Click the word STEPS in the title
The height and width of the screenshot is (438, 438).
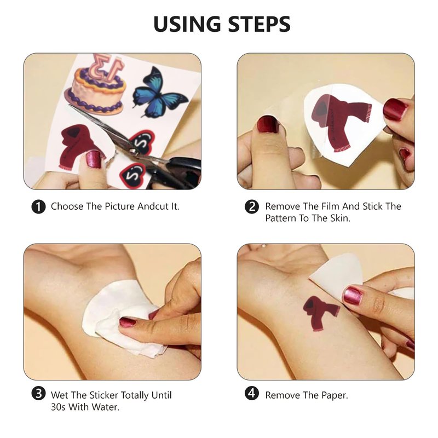(260, 24)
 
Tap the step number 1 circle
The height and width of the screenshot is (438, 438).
(38, 207)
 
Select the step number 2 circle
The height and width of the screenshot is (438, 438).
(252, 207)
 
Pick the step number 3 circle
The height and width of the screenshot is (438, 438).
(38, 393)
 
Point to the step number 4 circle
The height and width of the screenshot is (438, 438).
(252, 393)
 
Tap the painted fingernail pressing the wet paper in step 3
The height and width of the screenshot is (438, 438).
(128, 322)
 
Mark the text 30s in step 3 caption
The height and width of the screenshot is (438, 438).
(58, 407)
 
